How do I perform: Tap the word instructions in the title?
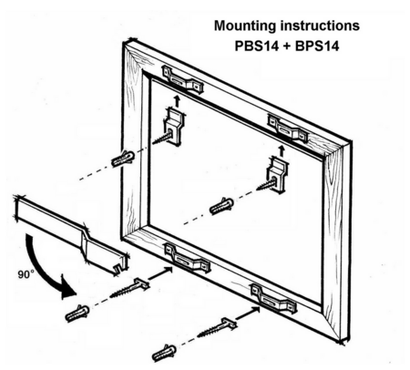click(x=320, y=26)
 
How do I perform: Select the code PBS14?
click(x=257, y=46)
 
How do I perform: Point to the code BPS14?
click(x=317, y=46)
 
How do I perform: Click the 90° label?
click(x=26, y=274)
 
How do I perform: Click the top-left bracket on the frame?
click(x=182, y=79)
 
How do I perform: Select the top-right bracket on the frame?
click(x=287, y=128)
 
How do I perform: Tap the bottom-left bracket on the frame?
click(x=187, y=258)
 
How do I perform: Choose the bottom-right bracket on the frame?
click(x=273, y=299)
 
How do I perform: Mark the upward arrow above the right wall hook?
click(x=282, y=150)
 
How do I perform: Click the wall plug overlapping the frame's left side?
click(x=123, y=159)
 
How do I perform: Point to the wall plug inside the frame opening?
click(x=221, y=206)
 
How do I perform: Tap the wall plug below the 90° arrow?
click(x=77, y=313)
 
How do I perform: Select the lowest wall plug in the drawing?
click(x=164, y=353)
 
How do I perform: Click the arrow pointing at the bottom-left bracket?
click(x=160, y=272)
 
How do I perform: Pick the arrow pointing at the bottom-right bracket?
click(x=248, y=313)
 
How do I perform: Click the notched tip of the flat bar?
click(x=121, y=267)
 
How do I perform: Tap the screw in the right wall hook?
click(x=267, y=183)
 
